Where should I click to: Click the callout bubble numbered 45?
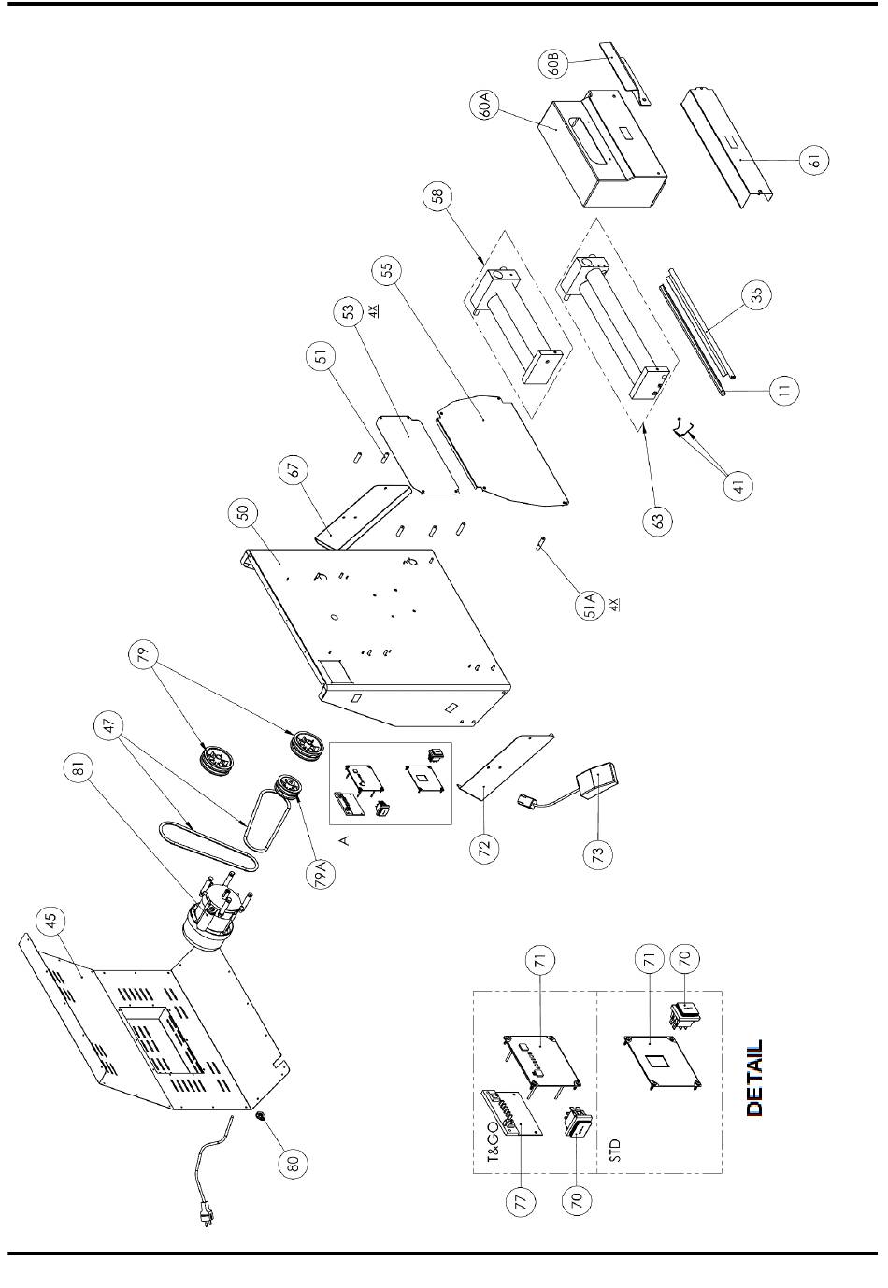click(50, 922)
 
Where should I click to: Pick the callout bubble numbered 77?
click(521, 1200)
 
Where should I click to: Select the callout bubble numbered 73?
click(597, 854)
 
